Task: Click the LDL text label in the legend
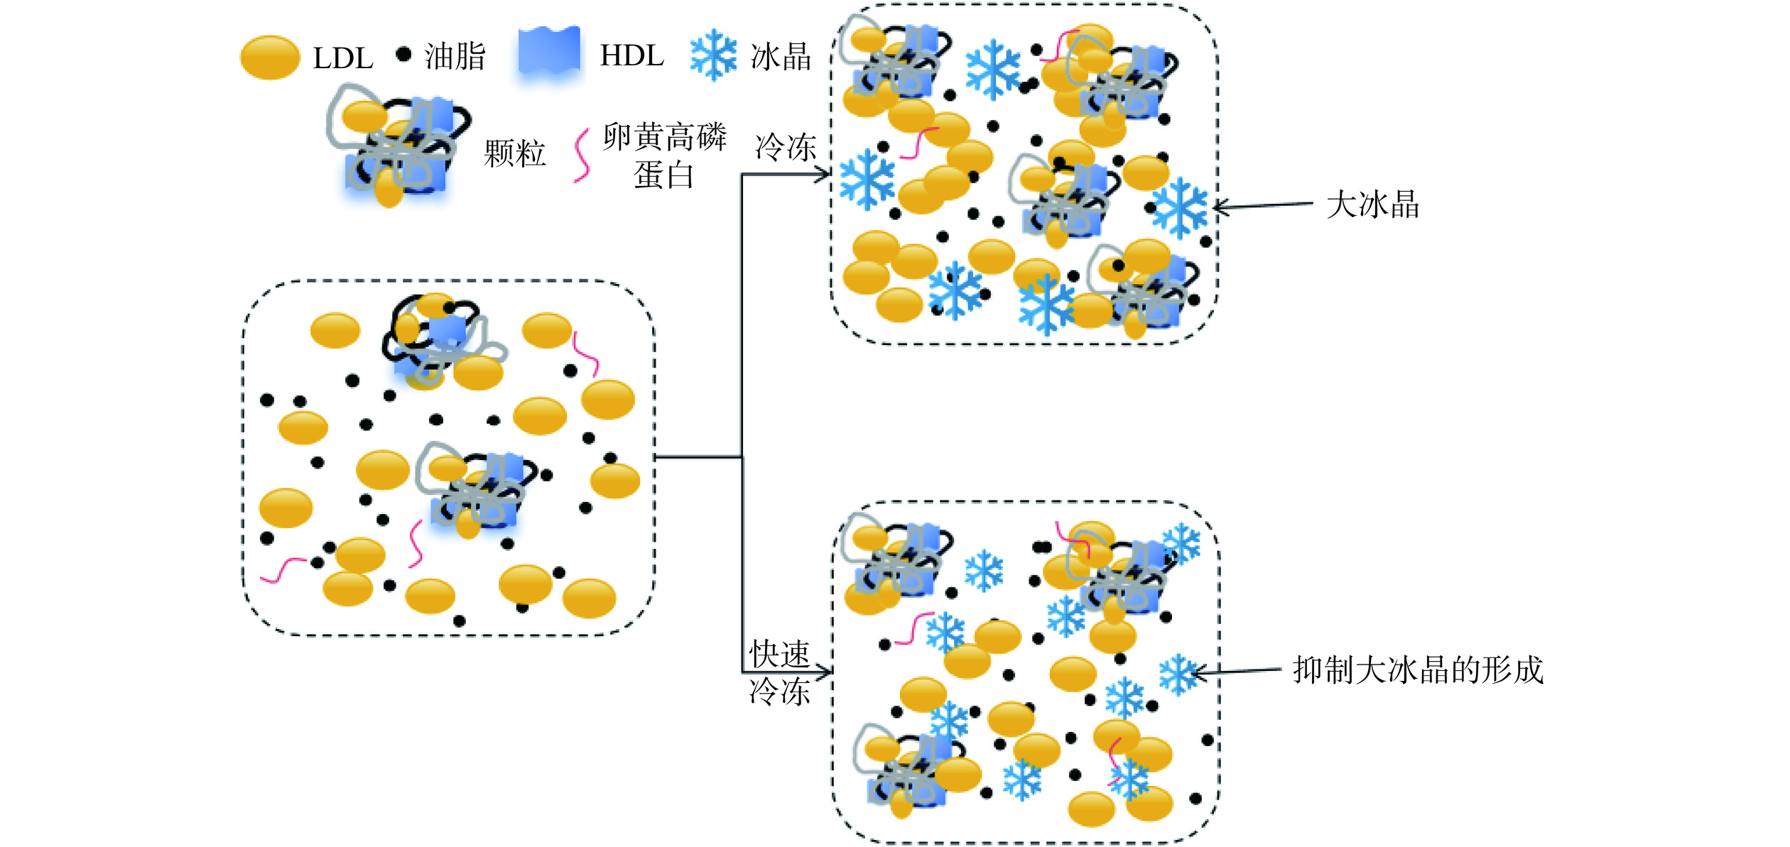tap(343, 59)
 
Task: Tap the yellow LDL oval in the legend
tap(270, 58)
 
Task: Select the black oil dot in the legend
tap(403, 54)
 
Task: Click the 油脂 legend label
tap(455, 57)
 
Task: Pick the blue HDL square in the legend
tap(549, 53)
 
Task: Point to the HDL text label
tap(631, 56)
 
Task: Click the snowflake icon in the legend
tap(713, 55)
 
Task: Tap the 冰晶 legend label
tap(781, 57)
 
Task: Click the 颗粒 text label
tap(515, 154)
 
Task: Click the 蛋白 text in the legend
tap(663, 175)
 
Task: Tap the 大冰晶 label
tap(1372, 204)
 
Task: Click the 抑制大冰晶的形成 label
tap(1418, 670)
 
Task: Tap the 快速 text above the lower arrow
tap(780, 653)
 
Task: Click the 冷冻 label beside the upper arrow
tap(786, 148)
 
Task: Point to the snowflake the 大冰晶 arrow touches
tap(1180, 208)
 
